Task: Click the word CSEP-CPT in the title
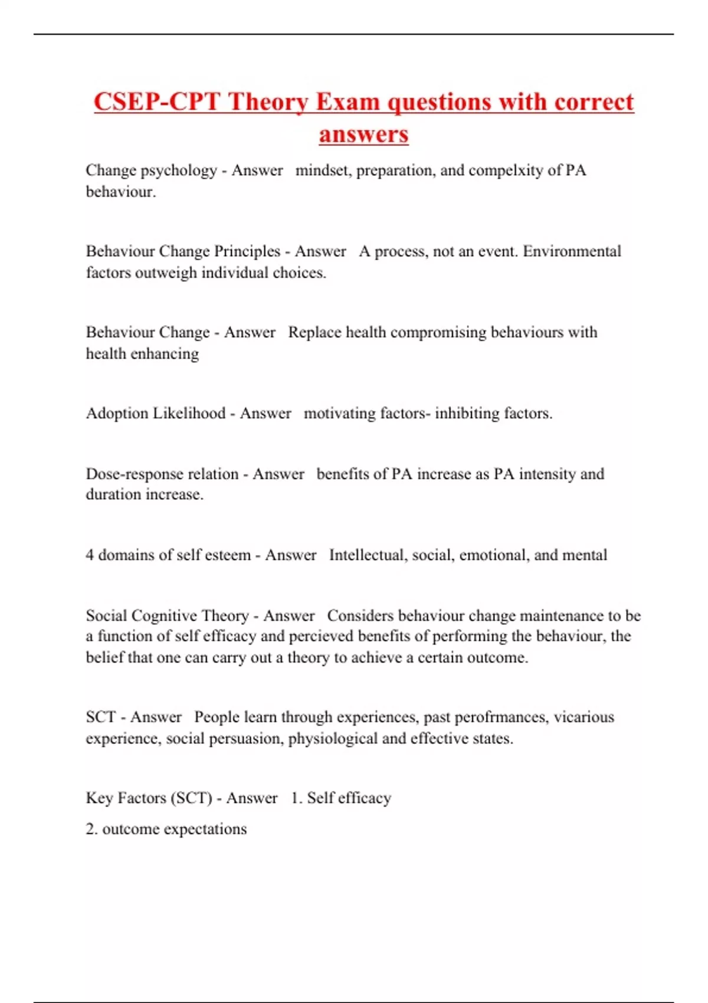point(157,102)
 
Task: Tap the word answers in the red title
point(363,134)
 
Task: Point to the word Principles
point(247,251)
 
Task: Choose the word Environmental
point(572,251)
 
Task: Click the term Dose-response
point(162,474)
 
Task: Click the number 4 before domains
point(90,555)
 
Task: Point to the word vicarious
point(584,717)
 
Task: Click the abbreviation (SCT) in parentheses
point(191,798)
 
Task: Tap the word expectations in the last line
point(205,829)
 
